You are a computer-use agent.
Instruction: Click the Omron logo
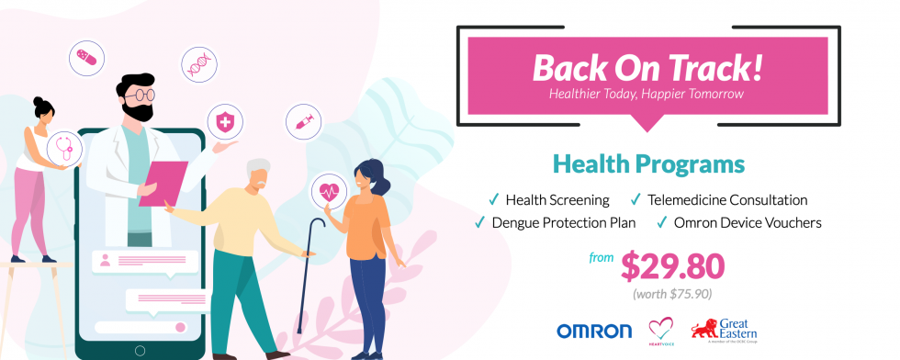coord(594,331)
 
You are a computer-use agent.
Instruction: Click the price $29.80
coord(672,265)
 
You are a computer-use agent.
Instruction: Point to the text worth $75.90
coord(672,294)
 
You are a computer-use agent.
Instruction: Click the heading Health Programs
coord(648,165)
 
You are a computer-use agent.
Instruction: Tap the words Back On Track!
coord(647,66)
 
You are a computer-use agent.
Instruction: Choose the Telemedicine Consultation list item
coord(726,199)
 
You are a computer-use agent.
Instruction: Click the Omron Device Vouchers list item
coord(742,222)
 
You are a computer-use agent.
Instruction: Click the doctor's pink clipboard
coord(163,184)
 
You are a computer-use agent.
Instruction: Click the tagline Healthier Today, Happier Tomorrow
coord(647,94)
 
